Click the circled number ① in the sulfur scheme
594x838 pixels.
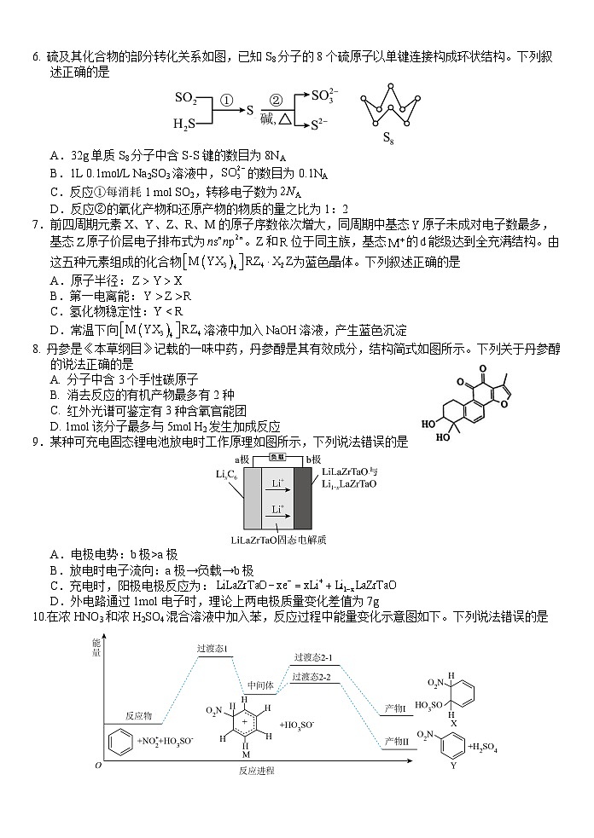pyautogui.click(x=226, y=100)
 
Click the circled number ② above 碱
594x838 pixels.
pyautogui.click(x=276, y=100)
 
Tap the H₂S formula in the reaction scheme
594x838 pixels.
pyautogui.click(x=184, y=124)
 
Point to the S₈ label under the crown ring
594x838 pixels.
pyautogui.click(x=387, y=138)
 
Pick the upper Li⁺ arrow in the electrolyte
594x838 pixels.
pyautogui.click(x=277, y=483)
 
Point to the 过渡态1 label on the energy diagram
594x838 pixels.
pyautogui.click(x=213, y=649)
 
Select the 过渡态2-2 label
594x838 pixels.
pyautogui.click(x=312, y=677)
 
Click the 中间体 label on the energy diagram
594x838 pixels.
pyautogui.click(x=259, y=685)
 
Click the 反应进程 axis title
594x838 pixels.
pyautogui.click(x=257, y=770)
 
